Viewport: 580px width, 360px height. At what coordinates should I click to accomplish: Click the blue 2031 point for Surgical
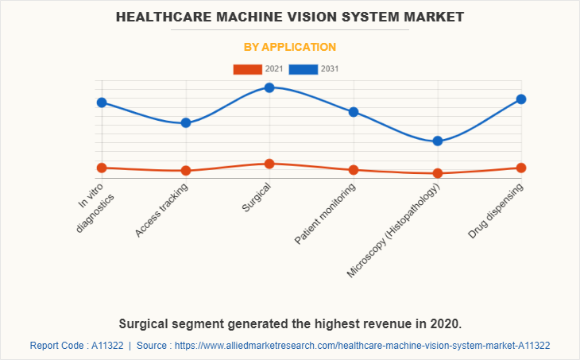click(x=269, y=87)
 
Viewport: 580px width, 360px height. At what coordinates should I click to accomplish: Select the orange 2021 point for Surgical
click(x=269, y=164)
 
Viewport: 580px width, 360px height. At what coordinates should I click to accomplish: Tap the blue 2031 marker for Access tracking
click(x=186, y=123)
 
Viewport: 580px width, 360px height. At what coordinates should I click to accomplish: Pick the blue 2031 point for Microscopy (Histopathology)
click(x=437, y=141)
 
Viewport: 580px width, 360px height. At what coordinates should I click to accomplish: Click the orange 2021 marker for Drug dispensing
click(x=520, y=168)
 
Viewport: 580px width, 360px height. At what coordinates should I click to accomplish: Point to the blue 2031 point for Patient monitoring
click(x=354, y=112)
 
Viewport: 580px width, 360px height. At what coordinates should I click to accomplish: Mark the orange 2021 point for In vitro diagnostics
click(x=102, y=168)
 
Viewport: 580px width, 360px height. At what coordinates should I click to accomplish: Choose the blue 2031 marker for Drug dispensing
click(x=520, y=99)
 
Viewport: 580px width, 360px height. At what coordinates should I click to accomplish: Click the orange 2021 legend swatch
click(x=247, y=69)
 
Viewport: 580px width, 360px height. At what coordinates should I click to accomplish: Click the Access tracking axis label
click(x=163, y=211)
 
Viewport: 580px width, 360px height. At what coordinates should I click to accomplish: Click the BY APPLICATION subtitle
click(x=290, y=47)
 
